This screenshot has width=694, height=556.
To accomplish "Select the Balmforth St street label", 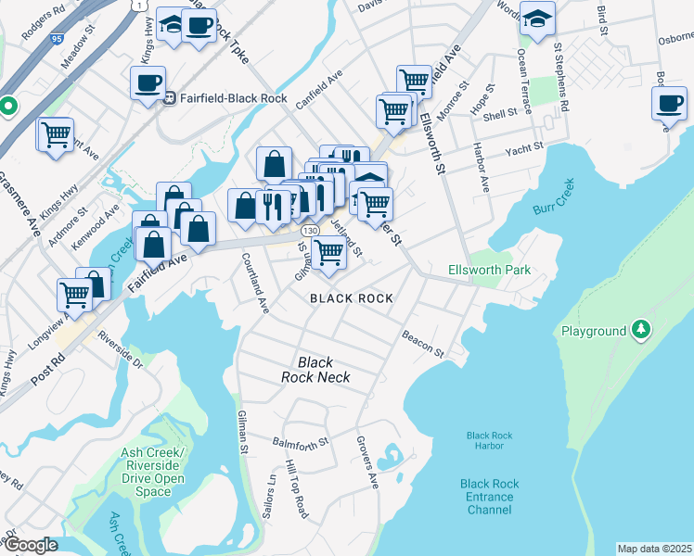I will coord(301,443).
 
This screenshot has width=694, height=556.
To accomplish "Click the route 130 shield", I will coord(311,229).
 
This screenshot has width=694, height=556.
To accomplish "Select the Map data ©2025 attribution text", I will coord(654,549).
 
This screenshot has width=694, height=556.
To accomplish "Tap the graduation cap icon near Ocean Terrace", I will coord(536,20).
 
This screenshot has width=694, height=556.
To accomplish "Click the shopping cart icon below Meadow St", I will coord(56,134).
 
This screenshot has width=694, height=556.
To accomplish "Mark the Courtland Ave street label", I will coord(255,283).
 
